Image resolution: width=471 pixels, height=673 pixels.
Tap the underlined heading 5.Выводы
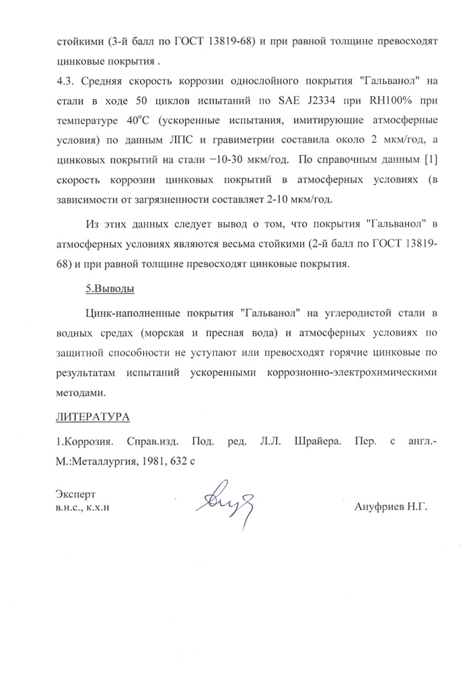pyautogui.click(x=110, y=288)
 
